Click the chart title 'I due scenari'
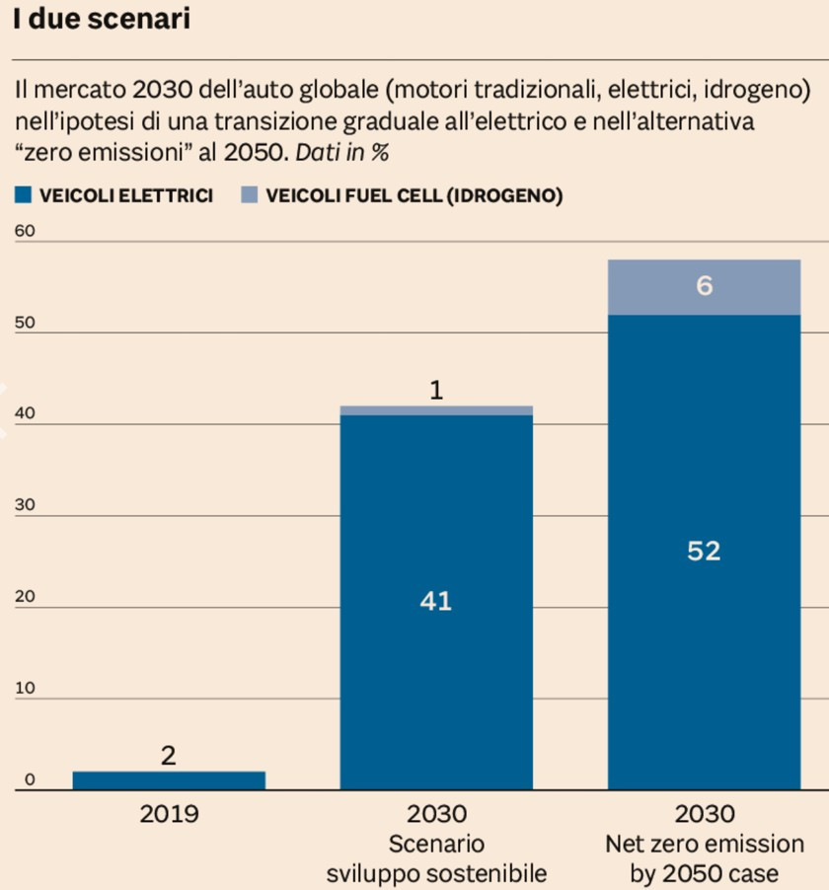tap(102, 19)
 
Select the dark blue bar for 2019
tap(169, 780)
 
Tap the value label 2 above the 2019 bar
tap(169, 756)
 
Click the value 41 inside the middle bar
tap(435, 601)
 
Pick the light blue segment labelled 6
tap(704, 287)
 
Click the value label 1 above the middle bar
tap(436, 391)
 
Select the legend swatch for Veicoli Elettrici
tap(24, 195)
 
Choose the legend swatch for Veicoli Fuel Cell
tap(249, 195)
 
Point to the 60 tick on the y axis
tap(25, 231)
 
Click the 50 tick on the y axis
tap(25, 323)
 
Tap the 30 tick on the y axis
tap(25, 505)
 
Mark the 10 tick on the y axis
tap(25, 688)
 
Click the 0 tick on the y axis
tap(30, 779)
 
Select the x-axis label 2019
tap(169, 814)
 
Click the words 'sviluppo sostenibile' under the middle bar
tap(436, 873)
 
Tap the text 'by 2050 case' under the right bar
tap(704, 873)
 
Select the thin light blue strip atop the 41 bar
tap(436, 410)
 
